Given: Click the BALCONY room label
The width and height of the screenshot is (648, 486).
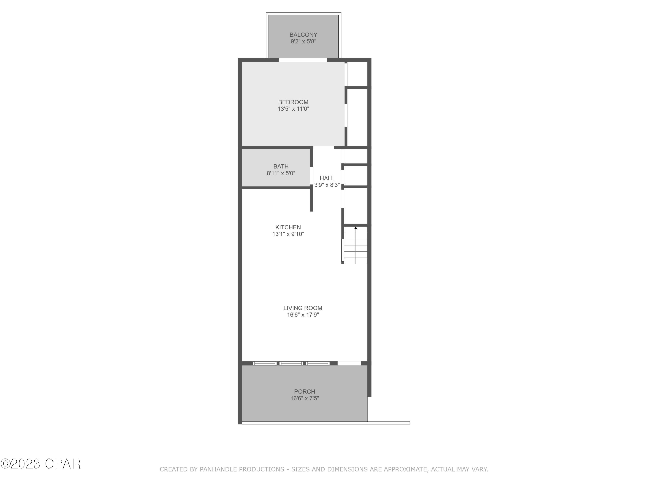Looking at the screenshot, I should pos(303,35).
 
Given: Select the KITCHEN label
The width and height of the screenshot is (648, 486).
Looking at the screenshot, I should pos(288,227).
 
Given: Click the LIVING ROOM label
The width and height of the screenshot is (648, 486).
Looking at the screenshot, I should pos(303,308).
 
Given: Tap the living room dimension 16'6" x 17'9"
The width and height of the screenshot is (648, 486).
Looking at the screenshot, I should pos(303,315).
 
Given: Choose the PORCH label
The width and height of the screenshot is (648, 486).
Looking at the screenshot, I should pos(304,391).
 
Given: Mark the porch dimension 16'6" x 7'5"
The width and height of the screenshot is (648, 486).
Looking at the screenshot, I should pos(304,398).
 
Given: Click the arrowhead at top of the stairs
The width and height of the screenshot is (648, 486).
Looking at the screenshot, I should pos(356,228).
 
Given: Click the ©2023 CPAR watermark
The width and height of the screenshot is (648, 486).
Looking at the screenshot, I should pos(40,464).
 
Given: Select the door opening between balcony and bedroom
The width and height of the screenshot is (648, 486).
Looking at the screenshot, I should pos(302,60).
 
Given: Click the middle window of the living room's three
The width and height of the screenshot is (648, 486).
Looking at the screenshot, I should pos(291,363).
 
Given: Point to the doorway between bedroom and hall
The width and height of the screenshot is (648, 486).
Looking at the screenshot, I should pos(324,147).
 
